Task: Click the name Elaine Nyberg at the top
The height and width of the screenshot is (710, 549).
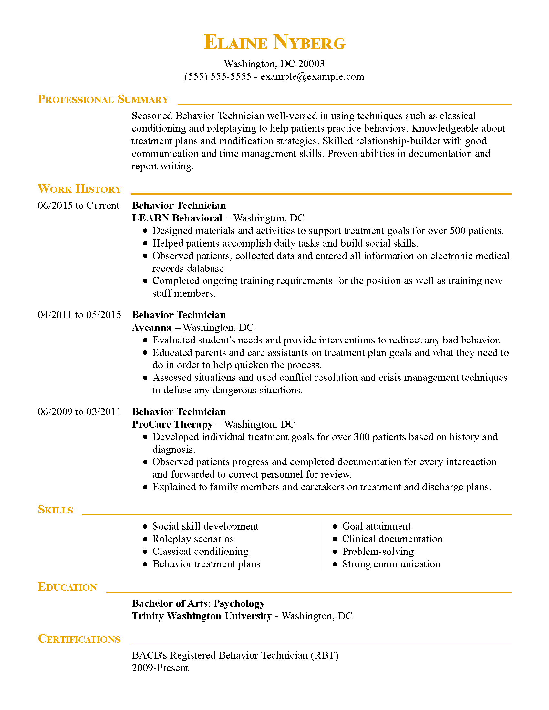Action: (274, 42)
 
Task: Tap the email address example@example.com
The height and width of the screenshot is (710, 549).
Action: (312, 76)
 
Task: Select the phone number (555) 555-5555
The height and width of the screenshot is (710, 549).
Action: (218, 76)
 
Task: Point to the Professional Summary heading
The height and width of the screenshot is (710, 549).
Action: (103, 99)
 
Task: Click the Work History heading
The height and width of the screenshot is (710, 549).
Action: (80, 189)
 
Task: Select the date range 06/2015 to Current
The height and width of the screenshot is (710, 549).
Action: (78, 206)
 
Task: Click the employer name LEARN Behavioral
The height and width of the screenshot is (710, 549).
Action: (177, 218)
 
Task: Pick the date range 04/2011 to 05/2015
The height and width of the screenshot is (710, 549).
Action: (79, 315)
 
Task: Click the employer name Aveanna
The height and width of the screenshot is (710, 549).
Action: (151, 327)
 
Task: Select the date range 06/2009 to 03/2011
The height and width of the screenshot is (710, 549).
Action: (79, 411)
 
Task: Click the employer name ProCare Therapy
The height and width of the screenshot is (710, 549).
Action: (172, 424)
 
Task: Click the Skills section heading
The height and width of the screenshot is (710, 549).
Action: (56, 510)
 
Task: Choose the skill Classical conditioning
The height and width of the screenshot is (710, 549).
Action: (200, 551)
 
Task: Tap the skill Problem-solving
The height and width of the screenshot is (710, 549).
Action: (378, 551)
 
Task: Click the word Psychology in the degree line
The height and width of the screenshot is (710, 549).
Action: (239, 603)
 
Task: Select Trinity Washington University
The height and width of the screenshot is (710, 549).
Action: (202, 616)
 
